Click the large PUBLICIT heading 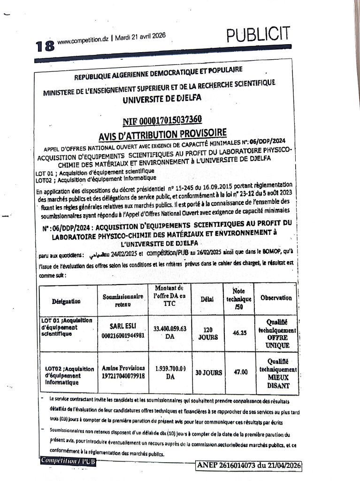point(258,34)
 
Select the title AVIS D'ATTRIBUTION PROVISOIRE point(162,135)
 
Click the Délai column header point(207,298)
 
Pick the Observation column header point(276,298)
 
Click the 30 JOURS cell point(208,372)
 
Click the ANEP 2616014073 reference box point(249,465)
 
